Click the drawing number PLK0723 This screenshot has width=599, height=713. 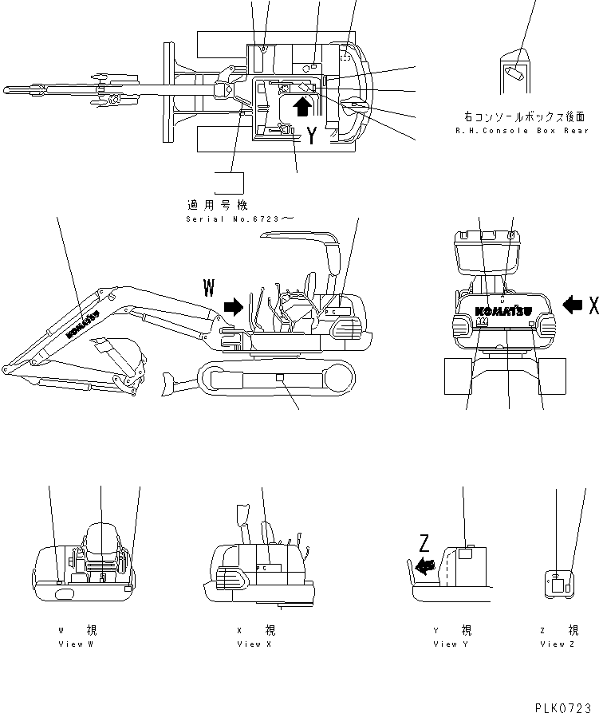(568, 704)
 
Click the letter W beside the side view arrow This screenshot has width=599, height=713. (209, 288)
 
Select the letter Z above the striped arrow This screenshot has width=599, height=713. (424, 545)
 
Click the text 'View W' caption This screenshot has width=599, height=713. (80, 644)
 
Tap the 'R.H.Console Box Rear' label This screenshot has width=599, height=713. (522, 130)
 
